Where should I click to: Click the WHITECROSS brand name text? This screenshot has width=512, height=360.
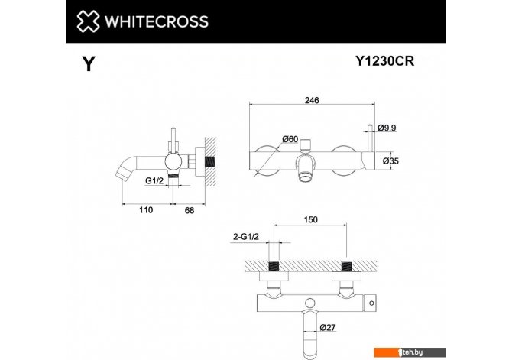coord(157,21)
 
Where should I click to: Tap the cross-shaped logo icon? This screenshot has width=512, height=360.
coord(88,21)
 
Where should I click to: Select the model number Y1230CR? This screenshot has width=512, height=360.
coord(384,60)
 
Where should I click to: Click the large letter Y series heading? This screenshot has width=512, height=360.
coord(89,63)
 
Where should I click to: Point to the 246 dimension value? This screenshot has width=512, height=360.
coord(312,100)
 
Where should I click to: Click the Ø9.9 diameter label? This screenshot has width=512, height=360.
coord(387,128)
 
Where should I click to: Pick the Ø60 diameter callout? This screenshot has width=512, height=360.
coord(290,139)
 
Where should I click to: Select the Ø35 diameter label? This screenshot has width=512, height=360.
coord(390,161)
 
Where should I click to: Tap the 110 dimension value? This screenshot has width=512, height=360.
coord(146,210)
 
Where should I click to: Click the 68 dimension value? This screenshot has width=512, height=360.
coord(190,211)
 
